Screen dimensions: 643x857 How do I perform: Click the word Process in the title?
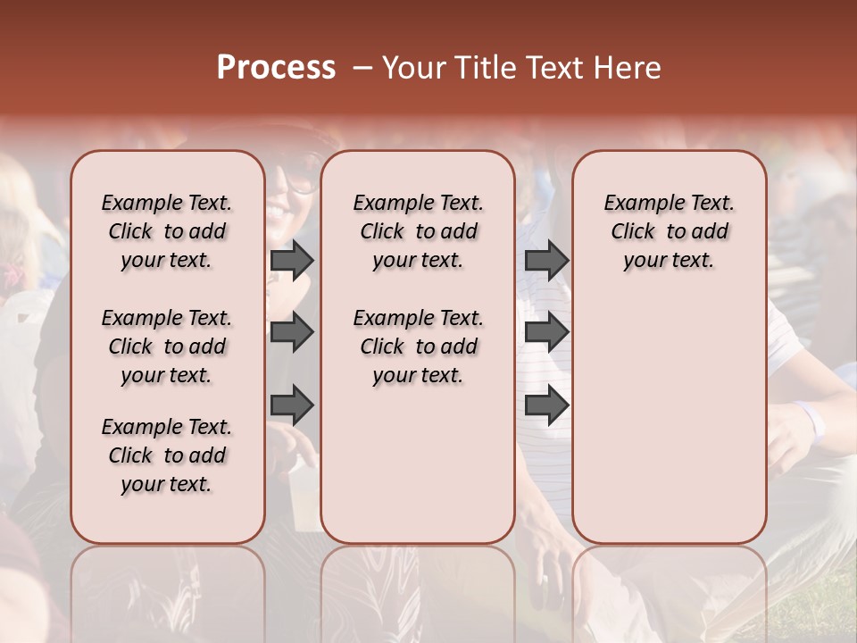click(x=276, y=68)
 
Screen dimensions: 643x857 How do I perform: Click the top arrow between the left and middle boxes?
click(x=292, y=260)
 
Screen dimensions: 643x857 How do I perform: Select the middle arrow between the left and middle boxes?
click(x=292, y=332)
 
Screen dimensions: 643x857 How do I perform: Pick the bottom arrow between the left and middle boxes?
click(x=292, y=405)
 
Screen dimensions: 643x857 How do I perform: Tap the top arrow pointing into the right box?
click(x=546, y=260)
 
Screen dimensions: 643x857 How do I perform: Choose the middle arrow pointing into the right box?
click(x=546, y=332)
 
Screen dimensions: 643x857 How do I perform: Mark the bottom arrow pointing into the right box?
click(x=546, y=405)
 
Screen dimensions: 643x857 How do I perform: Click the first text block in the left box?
click(x=167, y=231)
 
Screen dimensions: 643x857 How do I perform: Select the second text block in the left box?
click(x=167, y=347)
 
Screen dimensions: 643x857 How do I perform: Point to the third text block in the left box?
click(x=167, y=455)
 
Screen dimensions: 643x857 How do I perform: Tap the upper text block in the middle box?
click(x=418, y=231)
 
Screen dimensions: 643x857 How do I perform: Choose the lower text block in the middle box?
click(x=418, y=347)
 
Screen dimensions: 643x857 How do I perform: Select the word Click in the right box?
click(x=633, y=232)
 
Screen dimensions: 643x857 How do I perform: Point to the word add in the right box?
click(x=711, y=232)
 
